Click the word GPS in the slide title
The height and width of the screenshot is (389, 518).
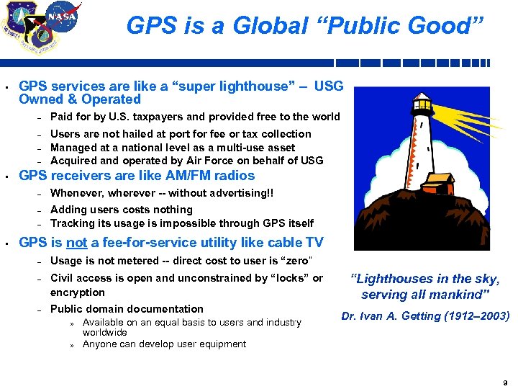pos(147,26)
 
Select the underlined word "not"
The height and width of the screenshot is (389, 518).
pos(77,243)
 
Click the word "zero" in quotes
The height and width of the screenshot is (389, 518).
pos(299,260)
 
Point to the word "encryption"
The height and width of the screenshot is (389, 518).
pos(78,292)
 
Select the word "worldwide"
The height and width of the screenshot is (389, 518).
pos(104,333)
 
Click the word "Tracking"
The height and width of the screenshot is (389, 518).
pos(73,223)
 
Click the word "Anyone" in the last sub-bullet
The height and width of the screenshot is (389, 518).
pos(99,344)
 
